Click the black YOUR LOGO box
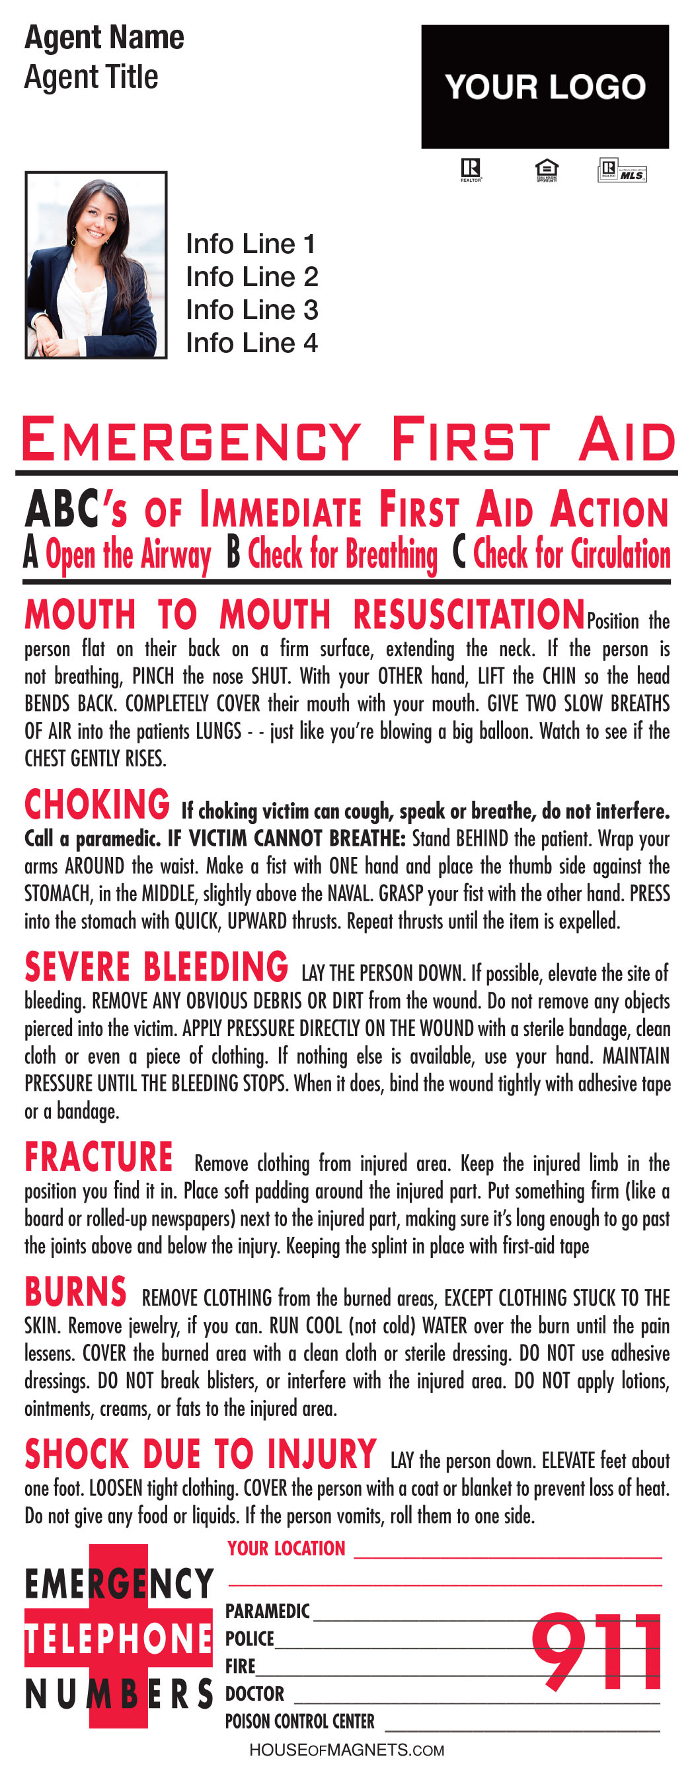pyautogui.click(x=545, y=87)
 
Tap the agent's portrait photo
pyautogui.click(x=96, y=264)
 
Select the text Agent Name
pyautogui.click(x=104, y=38)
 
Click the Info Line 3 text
pyautogui.click(x=251, y=310)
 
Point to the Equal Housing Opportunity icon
pyautogui.click(x=546, y=170)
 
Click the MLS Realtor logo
pyautogui.click(x=621, y=170)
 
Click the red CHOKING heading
pyautogui.click(x=97, y=805)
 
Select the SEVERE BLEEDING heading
pyautogui.click(x=156, y=967)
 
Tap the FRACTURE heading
pyautogui.click(x=98, y=1156)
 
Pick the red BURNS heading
pyautogui.click(x=75, y=1292)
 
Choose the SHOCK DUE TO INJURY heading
pyautogui.click(x=200, y=1454)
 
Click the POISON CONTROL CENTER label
pyautogui.click(x=299, y=1721)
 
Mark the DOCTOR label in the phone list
pyautogui.click(x=254, y=1693)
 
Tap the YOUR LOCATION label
pyautogui.click(x=286, y=1549)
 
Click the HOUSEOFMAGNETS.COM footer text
pyautogui.click(x=346, y=1750)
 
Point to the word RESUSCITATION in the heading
pyautogui.click(x=469, y=614)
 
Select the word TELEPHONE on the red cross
pyautogui.click(x=118, y=1639)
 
